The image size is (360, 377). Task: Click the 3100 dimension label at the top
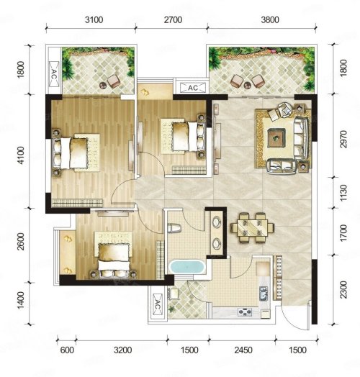(x=94, y=19)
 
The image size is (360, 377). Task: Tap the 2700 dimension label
(x=173, y=19)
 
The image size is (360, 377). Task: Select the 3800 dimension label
(x=270, y=19)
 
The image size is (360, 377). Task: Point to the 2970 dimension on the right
(x=343, y=139)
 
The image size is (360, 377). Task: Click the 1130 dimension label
(x=343, y=193)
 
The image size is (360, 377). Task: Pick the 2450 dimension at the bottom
(x=243, y=350)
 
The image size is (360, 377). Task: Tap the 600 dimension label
(x=67, y=350)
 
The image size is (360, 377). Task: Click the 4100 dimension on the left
(x=21, y=155)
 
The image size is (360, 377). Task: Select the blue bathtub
(x=187, y=267)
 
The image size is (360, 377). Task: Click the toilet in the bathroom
(x=174, y=228)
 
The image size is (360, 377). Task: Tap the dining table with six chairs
(x=252, y=227)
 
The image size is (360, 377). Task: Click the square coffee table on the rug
(x=276, y=137)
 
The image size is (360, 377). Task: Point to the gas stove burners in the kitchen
(x=245, y=312)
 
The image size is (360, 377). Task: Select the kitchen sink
(x=264, y=294)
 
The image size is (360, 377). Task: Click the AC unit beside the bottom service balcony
(x=157, y=304)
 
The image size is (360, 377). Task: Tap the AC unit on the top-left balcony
(x=54, y=74)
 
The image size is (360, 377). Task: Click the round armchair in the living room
(x=285, y=109)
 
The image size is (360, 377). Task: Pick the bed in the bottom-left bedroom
(x=114, y=255)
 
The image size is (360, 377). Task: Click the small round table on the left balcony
(x=103, y=85)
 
